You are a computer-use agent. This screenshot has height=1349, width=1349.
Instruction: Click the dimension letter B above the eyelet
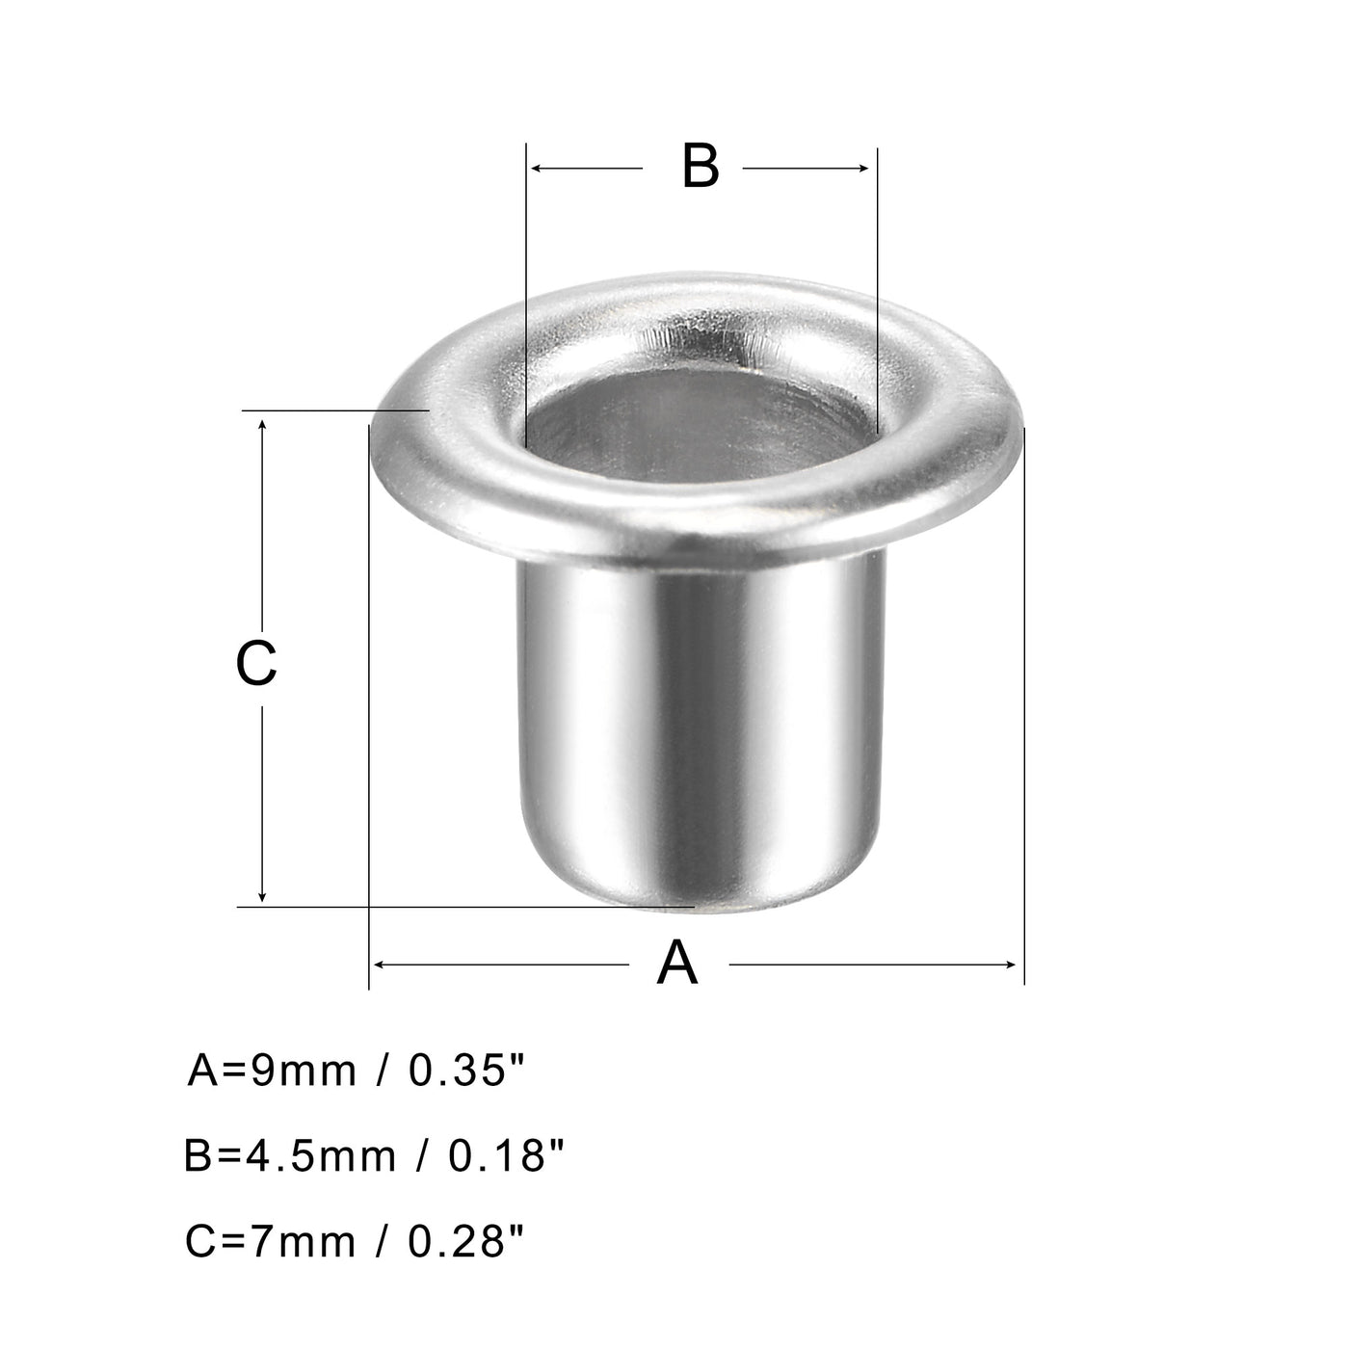point(701,166)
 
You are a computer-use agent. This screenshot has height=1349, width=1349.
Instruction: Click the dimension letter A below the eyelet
point(677,964)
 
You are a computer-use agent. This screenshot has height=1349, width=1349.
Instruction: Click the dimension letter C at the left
point(257,664)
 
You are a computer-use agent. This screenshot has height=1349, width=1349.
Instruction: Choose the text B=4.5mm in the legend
point(290,1155)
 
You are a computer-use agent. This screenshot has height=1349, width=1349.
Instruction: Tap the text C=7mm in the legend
point(271,1241)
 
